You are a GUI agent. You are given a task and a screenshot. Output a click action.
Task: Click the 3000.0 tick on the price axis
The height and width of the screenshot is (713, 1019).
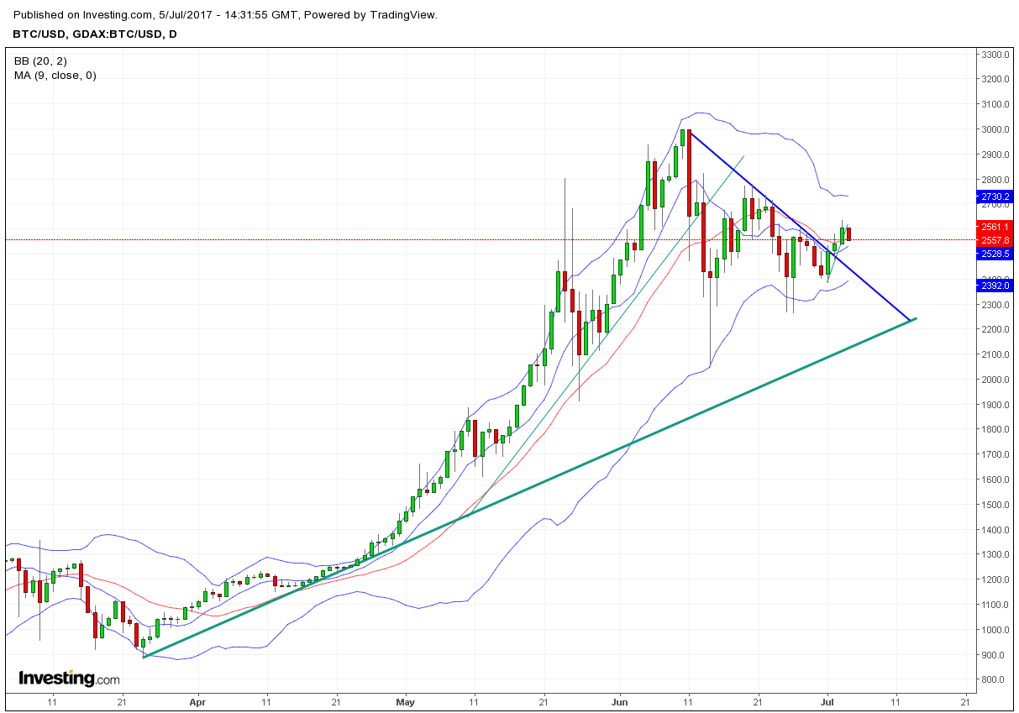994,129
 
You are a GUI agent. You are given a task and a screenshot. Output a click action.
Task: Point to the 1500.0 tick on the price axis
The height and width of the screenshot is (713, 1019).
994,505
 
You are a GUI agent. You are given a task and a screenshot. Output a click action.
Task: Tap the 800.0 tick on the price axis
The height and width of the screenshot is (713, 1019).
994,679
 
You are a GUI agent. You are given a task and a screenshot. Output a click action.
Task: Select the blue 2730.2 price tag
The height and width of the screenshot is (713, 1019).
995,197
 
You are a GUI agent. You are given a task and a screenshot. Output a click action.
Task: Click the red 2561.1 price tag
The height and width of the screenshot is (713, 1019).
995,227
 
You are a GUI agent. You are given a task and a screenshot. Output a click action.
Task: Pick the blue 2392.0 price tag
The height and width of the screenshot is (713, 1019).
995,286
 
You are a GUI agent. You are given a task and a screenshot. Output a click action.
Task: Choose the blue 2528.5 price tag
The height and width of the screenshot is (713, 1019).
995,253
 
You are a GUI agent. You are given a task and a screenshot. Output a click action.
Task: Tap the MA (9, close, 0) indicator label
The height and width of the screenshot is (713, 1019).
55,76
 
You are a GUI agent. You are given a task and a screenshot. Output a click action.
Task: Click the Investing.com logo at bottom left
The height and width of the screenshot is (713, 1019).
69,678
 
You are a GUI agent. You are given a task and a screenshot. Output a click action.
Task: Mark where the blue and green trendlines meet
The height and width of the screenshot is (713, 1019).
911,320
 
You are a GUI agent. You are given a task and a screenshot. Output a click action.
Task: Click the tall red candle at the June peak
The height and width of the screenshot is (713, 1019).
689,172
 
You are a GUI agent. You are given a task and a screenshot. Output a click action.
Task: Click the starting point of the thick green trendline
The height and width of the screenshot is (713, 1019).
144,657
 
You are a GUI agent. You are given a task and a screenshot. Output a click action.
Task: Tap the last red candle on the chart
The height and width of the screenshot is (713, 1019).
848,233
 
